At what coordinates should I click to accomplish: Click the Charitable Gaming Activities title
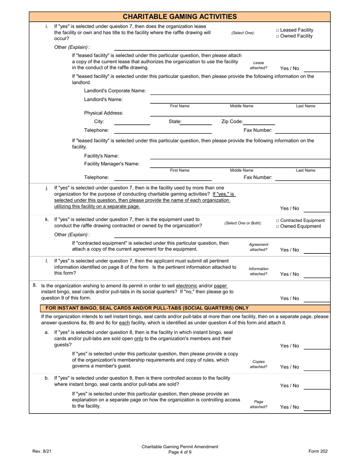coord(180,16)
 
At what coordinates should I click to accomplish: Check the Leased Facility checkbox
coord(278,30)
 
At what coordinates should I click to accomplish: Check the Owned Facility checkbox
coord(278,36)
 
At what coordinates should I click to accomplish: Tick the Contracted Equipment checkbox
coord(278,220)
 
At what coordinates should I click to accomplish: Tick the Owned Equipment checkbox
coord(278,227)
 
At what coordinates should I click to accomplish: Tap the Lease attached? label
coord(258,65)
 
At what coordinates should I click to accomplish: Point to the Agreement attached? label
coord(258,247)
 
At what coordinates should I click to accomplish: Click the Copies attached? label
coord(258,364)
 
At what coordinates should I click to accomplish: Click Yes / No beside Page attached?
coord(290,407)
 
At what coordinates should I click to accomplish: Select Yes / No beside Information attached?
coord(290,274)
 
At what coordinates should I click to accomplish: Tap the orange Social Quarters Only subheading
coord(147,308)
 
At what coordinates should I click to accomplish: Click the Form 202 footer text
coord(318,451)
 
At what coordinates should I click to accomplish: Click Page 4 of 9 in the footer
coord(180,452)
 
